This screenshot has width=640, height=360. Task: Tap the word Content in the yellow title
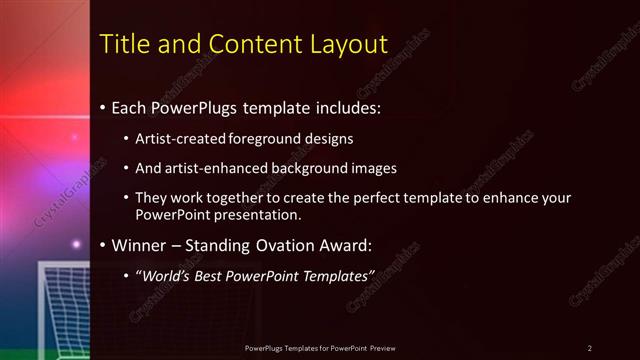[253, 44]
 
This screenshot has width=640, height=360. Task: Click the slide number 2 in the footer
[590, 348]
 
